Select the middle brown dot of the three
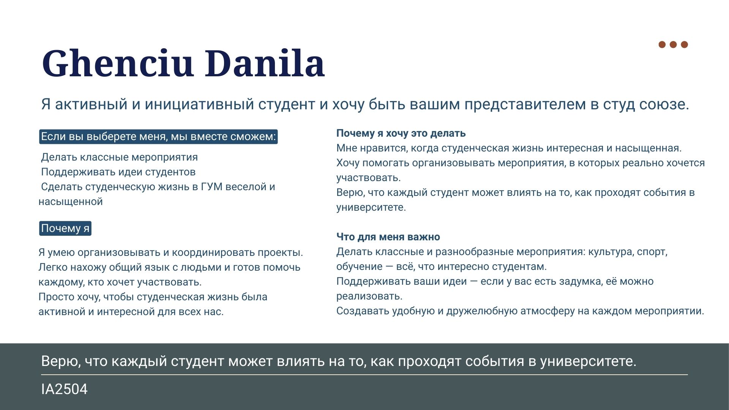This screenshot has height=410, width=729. pos(673,44)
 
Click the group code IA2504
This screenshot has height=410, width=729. pos(64,389)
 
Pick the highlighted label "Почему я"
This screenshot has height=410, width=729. pos(65,229)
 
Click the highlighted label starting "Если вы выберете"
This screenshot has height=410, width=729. pos(158,137)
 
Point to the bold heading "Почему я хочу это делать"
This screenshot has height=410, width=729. pos(401,133)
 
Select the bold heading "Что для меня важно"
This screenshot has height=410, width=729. pos(388,237)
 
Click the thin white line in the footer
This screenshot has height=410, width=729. pos(364,375)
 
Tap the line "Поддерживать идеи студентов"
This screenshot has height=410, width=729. pos(118,172)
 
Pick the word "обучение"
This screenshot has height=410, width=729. pos(359,267)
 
